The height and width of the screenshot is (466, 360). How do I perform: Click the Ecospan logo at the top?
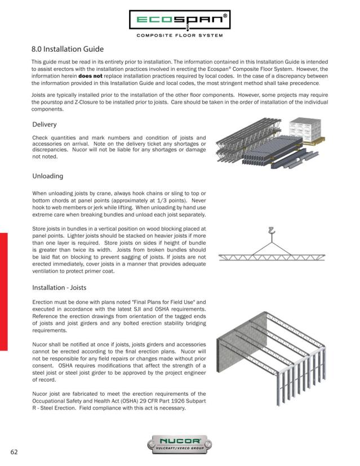click(x=180, y=21)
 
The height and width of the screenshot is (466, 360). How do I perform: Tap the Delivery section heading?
click(x=47, y=124)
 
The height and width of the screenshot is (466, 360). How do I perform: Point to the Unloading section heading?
click(x=51, y=176)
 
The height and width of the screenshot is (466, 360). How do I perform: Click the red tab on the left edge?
click(x=3, y=292)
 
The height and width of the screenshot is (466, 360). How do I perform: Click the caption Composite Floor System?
click(x=180, y=36)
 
